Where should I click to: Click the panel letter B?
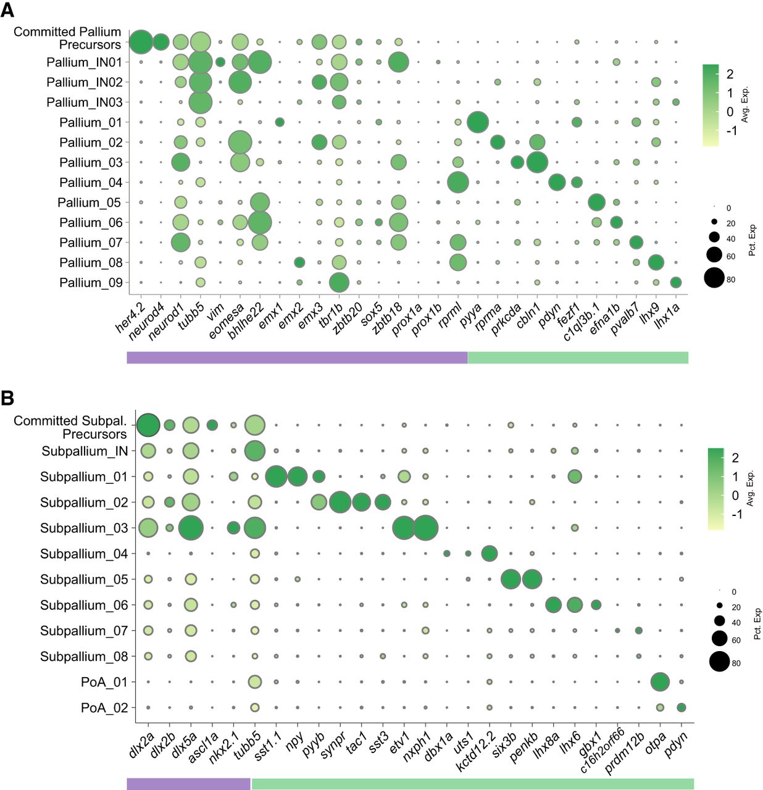[7, 398]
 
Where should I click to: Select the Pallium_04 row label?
[91, 183]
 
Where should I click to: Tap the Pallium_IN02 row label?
[84, 82]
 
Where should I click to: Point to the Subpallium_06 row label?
[84, 605]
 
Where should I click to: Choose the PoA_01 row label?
[104, 683]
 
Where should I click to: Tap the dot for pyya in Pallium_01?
[477, 122]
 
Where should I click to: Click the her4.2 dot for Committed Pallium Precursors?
[140, 42]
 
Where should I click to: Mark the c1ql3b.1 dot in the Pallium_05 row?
[596, 202]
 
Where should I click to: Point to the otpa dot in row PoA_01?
[659, 682]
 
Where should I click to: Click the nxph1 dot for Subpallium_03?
[425, 528]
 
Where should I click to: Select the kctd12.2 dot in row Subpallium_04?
[489, 554]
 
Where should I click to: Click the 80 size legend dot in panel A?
[714, 278]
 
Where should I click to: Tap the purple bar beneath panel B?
[188, 784]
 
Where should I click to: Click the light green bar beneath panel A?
[577, 357]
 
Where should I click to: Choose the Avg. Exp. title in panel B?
[751, 488]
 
